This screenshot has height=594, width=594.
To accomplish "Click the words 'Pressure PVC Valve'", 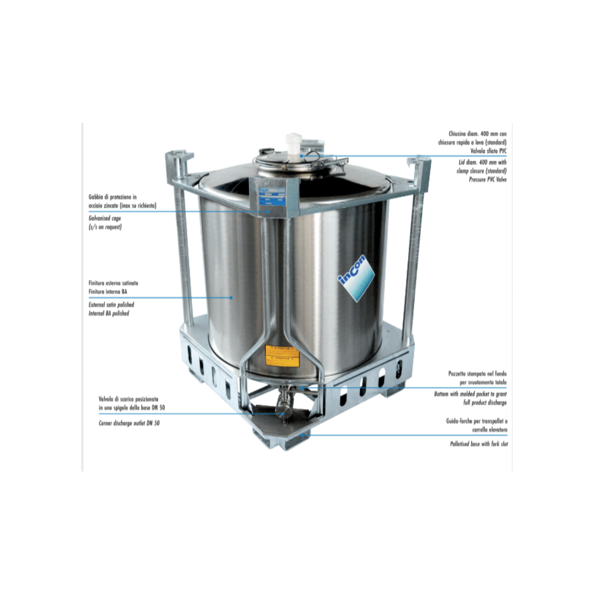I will (487, 179).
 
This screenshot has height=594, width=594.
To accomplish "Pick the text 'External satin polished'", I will (111, 304).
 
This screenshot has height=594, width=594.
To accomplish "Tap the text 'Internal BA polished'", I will (109, 313).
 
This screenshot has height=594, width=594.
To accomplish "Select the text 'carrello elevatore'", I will (485, 429).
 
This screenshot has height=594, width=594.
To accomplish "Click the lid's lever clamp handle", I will (335, 161).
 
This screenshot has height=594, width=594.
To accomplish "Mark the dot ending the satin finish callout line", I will (232, 298).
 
